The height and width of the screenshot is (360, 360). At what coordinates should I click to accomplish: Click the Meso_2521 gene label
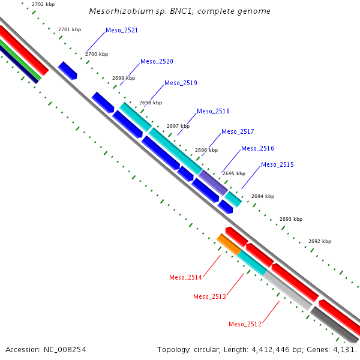click(x=121, y=30)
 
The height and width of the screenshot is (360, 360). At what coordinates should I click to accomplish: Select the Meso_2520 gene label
click(x=157, y=61)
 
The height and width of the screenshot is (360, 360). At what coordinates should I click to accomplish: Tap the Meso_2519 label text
click(x=181, y=83)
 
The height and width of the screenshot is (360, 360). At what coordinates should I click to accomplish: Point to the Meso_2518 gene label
click(x=213, y=111)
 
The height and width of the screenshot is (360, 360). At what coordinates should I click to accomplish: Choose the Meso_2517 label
click(x=238, y=131)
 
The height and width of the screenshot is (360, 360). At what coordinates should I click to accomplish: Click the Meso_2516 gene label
click(x=257, y=148)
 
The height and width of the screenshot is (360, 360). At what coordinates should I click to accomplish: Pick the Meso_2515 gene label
click(x=277, y=164)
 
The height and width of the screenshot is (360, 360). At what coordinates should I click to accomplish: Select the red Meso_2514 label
click(x=185, y=277)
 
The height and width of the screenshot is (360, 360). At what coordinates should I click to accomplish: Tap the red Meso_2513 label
click(x=209, y=296)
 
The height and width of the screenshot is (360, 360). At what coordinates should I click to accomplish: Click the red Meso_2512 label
click(x=245, y=324)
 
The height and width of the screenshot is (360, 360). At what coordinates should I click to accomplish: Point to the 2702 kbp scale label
click(x=43, y=5)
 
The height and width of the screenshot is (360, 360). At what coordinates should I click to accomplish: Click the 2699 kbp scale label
click(x=124, y=78)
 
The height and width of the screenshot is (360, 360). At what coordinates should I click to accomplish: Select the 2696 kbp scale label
click(x=206, y=150)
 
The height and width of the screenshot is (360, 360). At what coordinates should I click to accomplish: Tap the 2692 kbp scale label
click(x=319, y=241)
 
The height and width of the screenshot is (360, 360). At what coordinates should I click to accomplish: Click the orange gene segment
click(x=229, y=244)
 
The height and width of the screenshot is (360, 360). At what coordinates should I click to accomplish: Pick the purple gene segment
click(x=213, y=182)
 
